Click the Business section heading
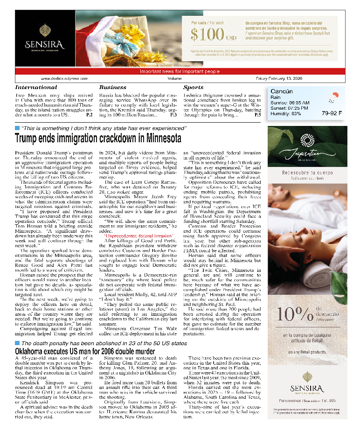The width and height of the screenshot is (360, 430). [113, 87]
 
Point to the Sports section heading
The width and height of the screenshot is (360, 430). [193, 87]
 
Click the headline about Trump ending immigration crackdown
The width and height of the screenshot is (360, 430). [98, 139]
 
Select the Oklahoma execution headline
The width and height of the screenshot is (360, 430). [85, 364]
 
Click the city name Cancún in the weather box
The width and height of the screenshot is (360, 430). [282, 91]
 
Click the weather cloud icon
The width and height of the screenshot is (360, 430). [332, 97]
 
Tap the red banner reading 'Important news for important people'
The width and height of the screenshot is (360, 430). [180, 71]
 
